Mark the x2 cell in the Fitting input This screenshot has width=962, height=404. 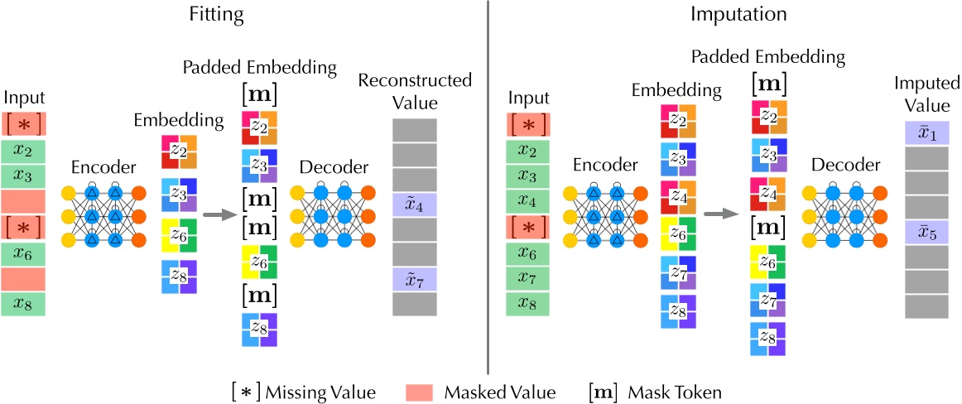pos(24,151)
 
